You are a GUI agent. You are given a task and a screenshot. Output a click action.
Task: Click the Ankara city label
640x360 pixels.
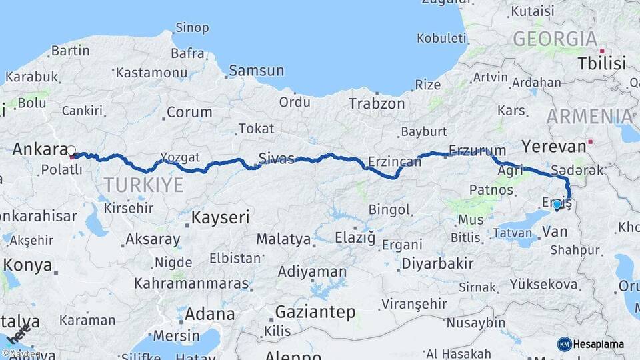39,149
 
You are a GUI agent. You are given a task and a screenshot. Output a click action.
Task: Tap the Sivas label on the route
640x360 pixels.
276,158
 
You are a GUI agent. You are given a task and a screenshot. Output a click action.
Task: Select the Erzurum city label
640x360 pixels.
473,150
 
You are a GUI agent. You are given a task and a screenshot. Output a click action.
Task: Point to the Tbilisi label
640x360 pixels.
602,64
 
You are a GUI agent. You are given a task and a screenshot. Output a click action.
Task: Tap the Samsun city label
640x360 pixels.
256,70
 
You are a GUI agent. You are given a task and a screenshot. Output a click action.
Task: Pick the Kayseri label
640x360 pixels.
220,217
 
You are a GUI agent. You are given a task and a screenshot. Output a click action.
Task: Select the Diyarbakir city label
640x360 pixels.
437,263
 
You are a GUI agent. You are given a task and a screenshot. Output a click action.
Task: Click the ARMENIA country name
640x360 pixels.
589,116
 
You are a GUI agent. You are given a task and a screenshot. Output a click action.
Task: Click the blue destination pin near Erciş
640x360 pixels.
557,205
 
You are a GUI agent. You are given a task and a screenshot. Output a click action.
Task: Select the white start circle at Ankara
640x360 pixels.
71,151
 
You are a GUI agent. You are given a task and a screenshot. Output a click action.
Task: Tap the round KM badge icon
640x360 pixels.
564,344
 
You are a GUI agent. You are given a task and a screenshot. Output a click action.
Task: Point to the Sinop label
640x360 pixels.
192,28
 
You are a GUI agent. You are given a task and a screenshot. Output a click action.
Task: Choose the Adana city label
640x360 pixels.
211,313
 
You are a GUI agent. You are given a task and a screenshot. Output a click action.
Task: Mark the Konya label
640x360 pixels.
27,265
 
